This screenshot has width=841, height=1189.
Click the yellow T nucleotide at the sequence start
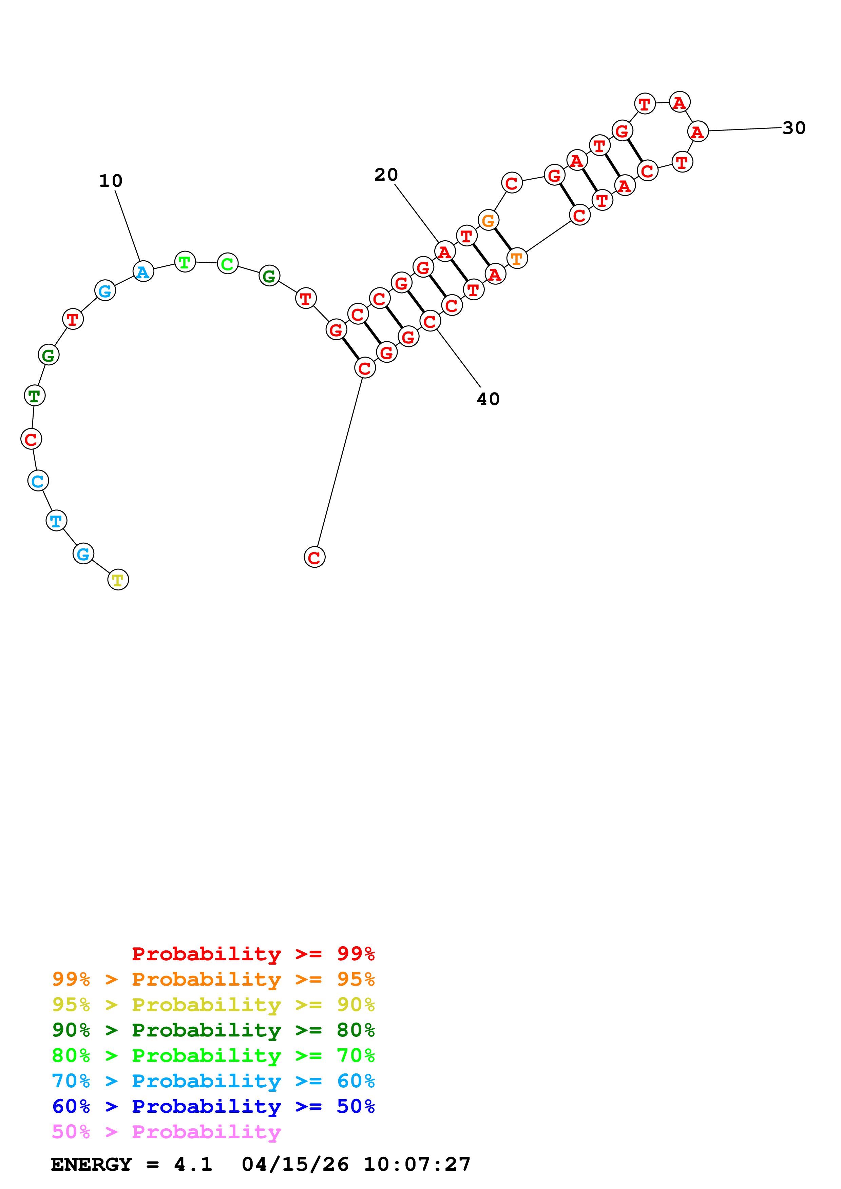(x=118, y=580)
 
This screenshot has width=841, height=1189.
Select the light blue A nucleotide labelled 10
(x=143, y=271)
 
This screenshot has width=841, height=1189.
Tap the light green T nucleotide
(x=185, y=262)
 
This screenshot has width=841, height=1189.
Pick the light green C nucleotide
(x=228, y=264)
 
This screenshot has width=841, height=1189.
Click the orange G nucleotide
(x=488, y=221)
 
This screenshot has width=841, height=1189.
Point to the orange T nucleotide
(x=517, y=258)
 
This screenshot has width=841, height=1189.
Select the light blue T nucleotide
(x=56, y=521)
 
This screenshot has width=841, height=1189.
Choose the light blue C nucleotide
(x=38, y=481)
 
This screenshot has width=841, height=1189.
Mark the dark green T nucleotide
(x=35, y=396)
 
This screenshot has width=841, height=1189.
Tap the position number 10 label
(x=111, y=181)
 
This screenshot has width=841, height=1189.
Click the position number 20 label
(x=386, y=175)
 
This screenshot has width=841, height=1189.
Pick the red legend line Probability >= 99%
(x=253, y=954)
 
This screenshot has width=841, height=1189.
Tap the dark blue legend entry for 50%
(x=213, y=1106)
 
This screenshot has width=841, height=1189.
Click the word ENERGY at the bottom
(x=91, y=1164)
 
